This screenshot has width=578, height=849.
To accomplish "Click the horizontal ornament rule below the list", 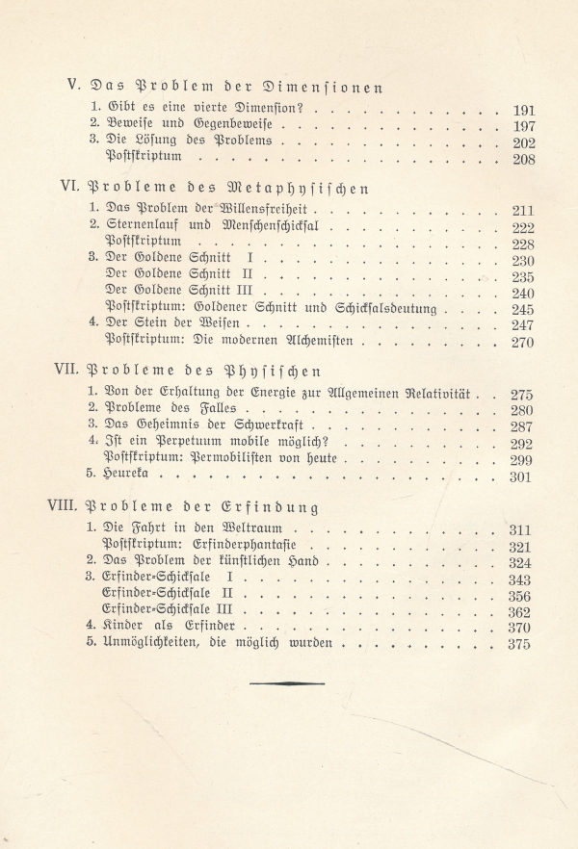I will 289,682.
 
